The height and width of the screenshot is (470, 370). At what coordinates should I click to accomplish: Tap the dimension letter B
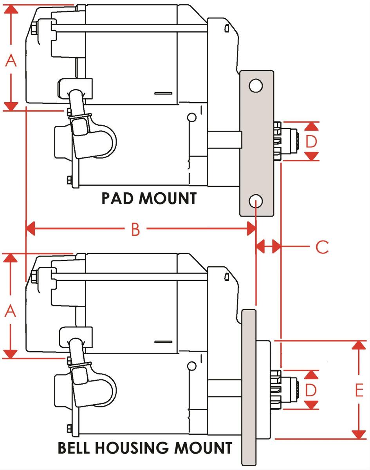135,230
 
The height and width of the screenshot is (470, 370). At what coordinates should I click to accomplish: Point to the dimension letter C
322,247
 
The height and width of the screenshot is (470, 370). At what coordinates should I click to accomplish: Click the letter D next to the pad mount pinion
311,141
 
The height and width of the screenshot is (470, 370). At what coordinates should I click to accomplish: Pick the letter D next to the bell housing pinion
311,390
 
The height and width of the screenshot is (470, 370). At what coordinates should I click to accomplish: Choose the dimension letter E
359,390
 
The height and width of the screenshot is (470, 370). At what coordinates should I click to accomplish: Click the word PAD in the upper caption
118,199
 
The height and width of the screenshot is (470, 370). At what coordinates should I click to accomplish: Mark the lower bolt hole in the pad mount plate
255,202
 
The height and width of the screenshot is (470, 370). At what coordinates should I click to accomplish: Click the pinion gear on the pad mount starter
288,141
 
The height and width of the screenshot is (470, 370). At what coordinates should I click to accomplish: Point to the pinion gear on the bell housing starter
288,390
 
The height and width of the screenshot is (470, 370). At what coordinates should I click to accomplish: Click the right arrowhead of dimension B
251,230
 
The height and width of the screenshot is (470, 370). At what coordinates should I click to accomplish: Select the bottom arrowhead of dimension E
359,434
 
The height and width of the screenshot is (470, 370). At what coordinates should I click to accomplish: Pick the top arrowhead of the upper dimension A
12,9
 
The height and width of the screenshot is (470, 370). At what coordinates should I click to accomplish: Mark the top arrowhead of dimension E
359,346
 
